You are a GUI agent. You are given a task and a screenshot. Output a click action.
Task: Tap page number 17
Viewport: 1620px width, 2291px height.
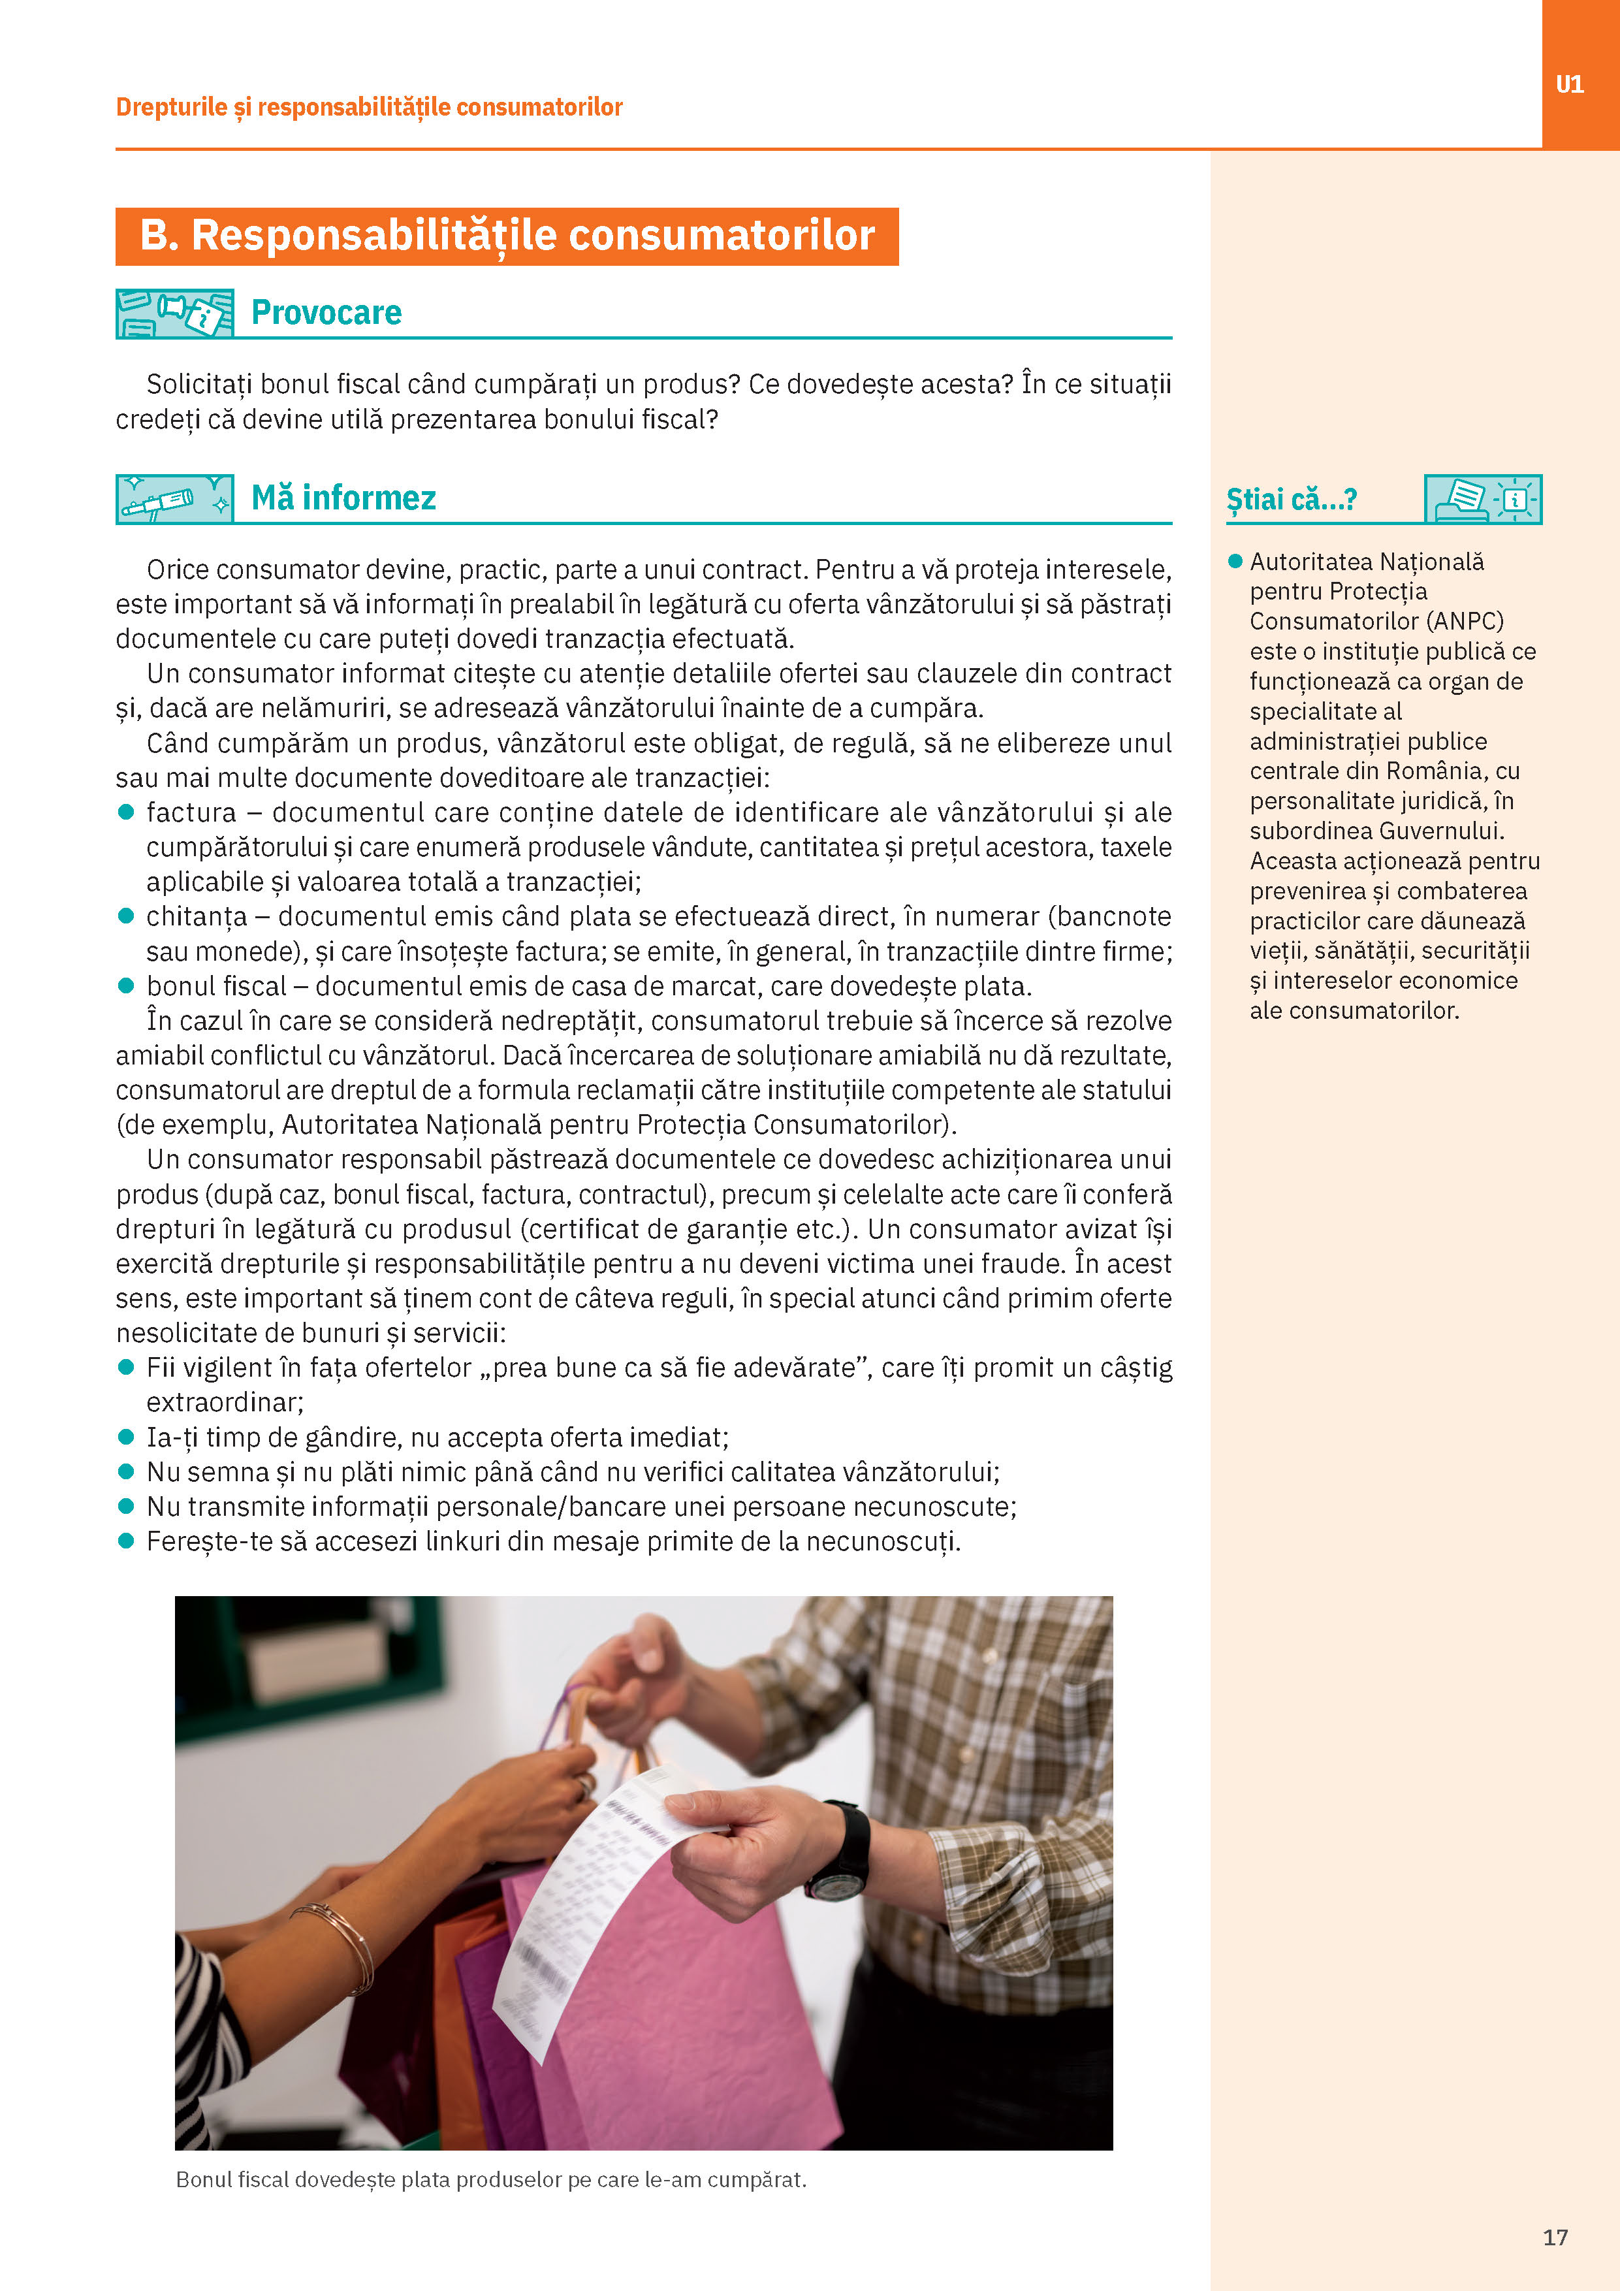click(1555, 2237)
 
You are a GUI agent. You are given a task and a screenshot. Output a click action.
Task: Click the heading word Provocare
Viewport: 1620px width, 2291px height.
click(326, 312)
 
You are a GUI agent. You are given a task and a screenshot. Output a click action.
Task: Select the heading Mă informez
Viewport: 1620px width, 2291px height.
click(343, 498)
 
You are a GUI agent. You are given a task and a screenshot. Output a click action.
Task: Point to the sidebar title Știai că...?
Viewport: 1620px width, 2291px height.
click(1291, 499)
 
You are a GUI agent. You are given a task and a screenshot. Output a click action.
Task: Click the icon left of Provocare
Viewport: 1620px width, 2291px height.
click(174, 313)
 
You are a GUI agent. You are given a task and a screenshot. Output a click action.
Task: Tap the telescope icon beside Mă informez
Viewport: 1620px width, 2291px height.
click(174, 499)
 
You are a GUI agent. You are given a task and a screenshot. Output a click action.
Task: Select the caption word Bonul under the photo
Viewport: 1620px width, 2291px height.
click(204, 2179)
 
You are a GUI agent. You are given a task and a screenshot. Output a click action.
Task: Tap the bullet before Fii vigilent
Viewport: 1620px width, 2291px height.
click(125, 1367)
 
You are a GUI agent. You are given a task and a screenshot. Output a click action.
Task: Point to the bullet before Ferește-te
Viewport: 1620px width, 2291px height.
click(125, 1541)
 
